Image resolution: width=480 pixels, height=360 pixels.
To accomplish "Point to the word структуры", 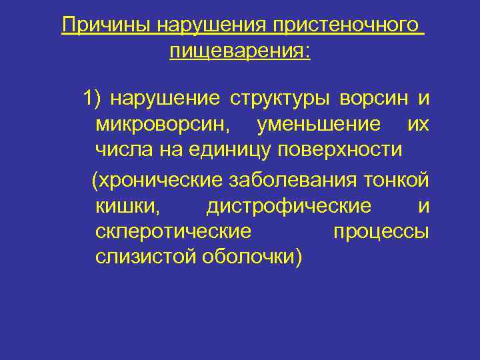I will [x=281, y=99].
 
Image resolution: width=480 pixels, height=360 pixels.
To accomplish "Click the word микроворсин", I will [x=163, y=124].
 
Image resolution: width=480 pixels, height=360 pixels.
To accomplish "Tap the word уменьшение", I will [x=319, y=124].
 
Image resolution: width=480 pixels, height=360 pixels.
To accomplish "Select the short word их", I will [x=417, y=124].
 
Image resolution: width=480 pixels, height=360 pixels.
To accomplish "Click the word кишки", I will [x=127, y=207].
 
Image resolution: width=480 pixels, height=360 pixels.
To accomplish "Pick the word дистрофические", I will [x=288, y=207].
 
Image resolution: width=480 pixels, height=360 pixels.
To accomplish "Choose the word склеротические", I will [x=173, y=232].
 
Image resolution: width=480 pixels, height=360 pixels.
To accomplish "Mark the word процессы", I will [x=380, y=232].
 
